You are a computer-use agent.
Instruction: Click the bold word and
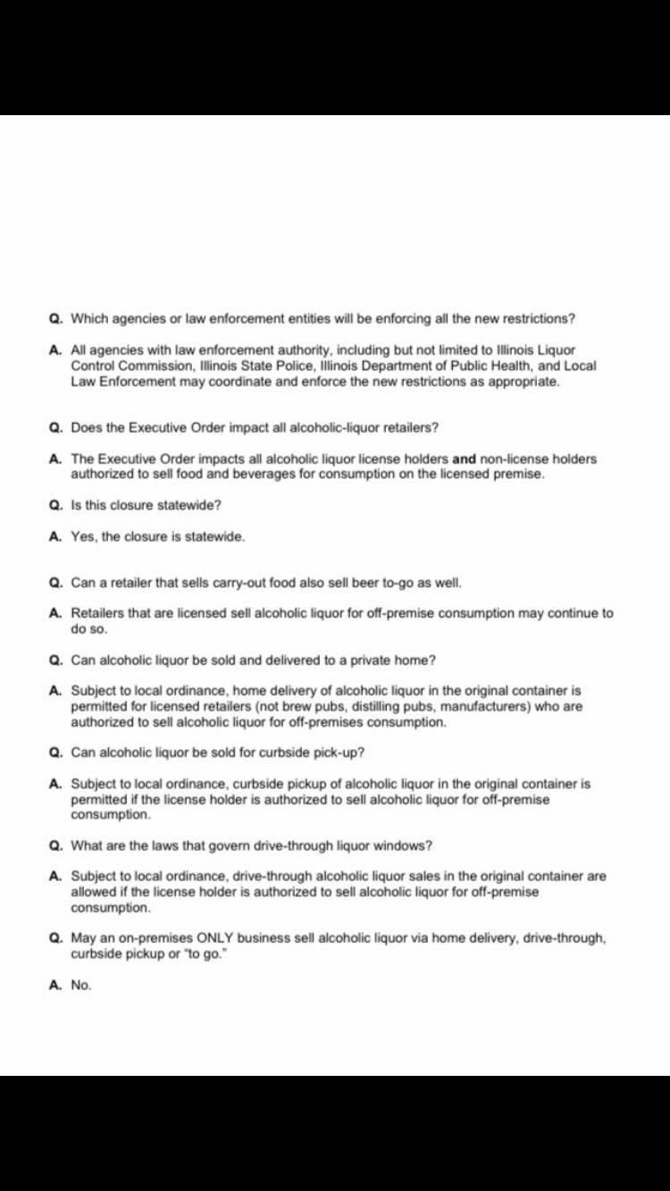point(464,459)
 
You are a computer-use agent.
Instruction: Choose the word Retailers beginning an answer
point(96,613)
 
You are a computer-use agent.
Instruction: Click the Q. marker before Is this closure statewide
point(55,505)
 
